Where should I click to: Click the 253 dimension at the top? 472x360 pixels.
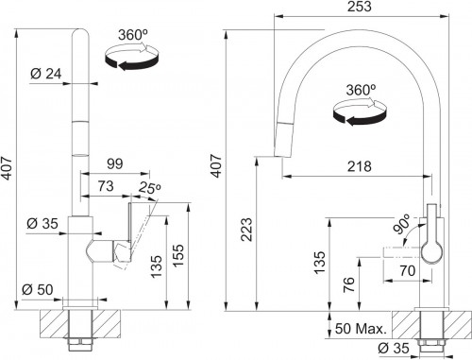pos(360,7)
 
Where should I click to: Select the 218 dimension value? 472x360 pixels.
pos(360,166)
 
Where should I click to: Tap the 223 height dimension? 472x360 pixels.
pos(246,230)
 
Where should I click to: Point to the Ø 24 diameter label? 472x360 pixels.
pos(46,74)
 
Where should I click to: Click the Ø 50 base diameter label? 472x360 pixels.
pos(38,290)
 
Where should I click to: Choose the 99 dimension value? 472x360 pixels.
pos(115,163)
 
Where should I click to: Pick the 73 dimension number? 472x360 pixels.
pos(106,186)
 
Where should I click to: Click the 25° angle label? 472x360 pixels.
pos(150,188)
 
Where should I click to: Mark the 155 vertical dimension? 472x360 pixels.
pos(178,256)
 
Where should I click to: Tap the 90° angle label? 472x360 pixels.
pos(402,223)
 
